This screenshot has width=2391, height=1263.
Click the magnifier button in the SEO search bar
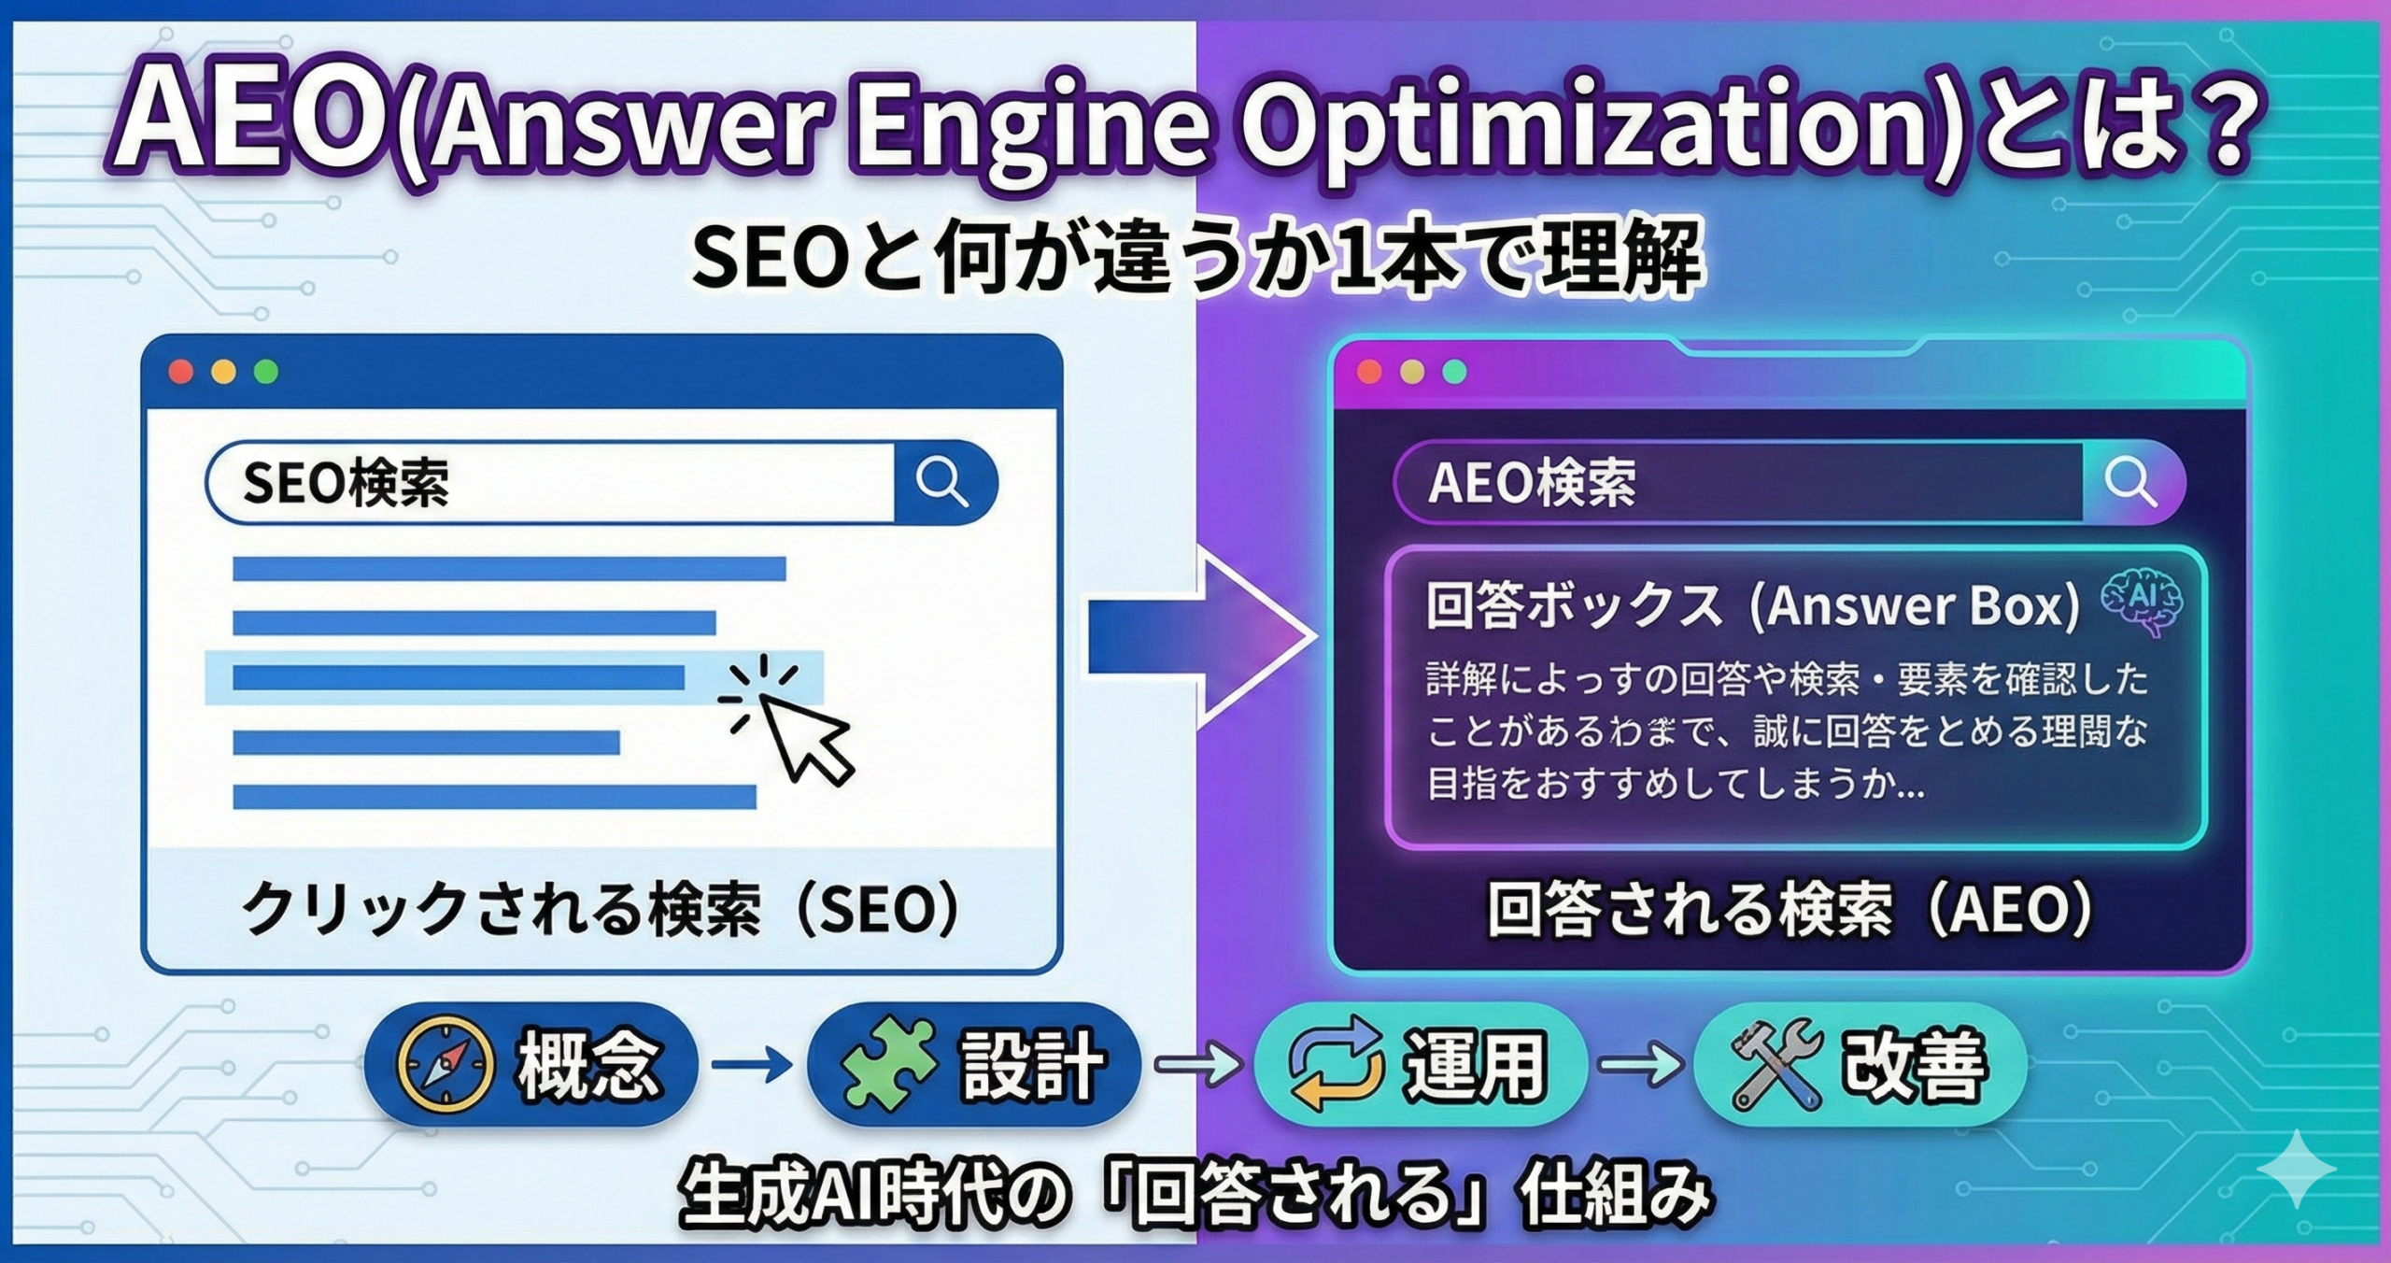[x=942, y=482]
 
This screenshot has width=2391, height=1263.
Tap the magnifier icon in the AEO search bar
[x=2130, y=482]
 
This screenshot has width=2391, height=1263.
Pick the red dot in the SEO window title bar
[x=181, y=372]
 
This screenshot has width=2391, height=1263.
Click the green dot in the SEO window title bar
[x=266, y=372]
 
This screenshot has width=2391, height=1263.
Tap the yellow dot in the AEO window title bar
[x=1412, y=372]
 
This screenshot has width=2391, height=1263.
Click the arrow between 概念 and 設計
[x=752, y=1064]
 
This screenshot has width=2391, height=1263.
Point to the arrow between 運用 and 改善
[x=1641, y=1064]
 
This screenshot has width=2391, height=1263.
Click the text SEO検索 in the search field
[x=346, y=483]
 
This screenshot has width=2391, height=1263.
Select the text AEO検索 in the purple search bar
[x=1532, y=483]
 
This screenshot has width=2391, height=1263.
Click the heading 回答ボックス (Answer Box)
[x=1753, y=606]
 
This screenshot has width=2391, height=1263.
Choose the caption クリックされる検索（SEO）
[x=601, y=909]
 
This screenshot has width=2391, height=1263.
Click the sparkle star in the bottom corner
[x=2297, y=1169]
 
